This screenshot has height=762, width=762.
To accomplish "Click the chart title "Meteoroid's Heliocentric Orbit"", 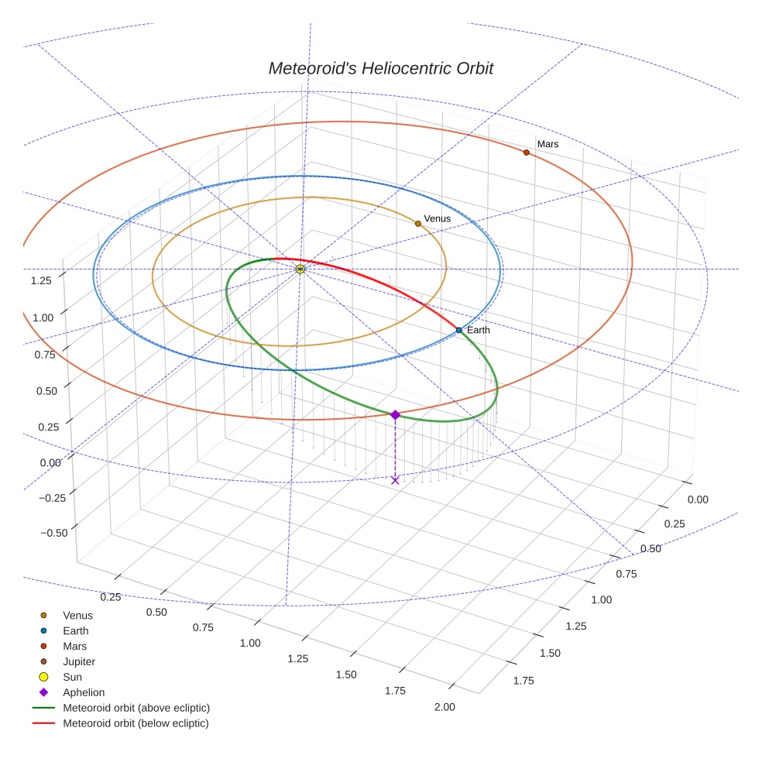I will [380, 68].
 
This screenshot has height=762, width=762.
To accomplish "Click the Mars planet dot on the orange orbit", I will [527, 153].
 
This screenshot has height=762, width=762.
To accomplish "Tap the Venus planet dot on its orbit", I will [418, 224].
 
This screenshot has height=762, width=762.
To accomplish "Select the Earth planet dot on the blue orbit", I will [458, 330].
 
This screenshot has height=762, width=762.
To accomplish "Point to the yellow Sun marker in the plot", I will [300, 269].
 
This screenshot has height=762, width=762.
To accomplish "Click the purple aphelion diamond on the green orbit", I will [395, 415].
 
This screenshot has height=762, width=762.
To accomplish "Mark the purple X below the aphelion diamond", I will [395, 480].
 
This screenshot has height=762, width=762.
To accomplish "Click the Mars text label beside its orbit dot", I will [547, 144].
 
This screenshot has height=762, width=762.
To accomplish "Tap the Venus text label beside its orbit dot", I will [437, 218].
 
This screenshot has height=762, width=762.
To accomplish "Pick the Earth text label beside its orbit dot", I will [478, 330].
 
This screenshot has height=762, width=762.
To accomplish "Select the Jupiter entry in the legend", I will [79, 661].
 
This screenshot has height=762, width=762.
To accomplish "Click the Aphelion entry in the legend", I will [84, 692].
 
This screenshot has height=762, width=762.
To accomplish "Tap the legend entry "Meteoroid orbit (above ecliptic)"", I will [136, 708].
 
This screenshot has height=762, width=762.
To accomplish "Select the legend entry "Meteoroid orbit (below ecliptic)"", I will [136, 723].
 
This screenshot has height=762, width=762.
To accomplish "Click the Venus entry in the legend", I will [77, 615].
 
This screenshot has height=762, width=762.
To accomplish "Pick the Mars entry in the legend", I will [74, 646].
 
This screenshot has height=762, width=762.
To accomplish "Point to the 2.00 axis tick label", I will [444, 706].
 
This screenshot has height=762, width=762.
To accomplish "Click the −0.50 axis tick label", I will [51, 532].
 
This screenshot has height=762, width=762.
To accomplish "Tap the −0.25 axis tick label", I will [51, 497].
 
